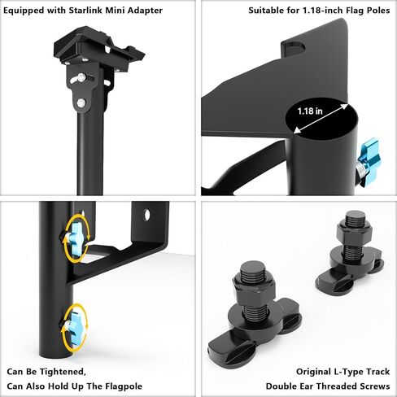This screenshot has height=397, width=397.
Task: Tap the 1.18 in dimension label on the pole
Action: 310,111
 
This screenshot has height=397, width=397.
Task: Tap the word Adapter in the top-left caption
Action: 144,10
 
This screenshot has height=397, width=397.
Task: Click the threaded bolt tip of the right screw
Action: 355,219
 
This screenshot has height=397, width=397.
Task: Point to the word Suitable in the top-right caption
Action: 267,11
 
